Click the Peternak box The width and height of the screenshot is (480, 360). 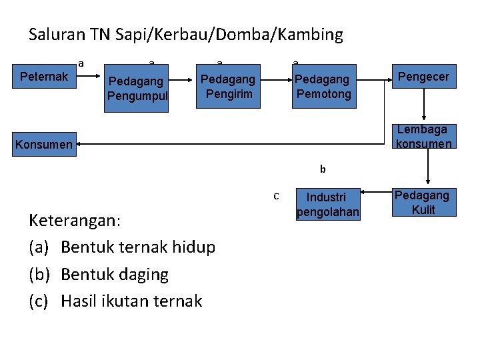pyautogui.click(x=44, y=77)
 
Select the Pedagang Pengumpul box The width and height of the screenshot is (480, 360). pyautogui.click(x=137, y=89)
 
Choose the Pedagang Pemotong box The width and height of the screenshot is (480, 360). pyautogui.click(x=323, y=87)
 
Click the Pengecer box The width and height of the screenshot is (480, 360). pyautogui.click(x=423, y=77)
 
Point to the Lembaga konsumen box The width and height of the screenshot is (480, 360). pyautogui.click(x=424, y=136)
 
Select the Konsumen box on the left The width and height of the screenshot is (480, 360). pyautogui.click(x=43, y=144)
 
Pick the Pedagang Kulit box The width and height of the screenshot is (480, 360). pyautogui.click(x=422, y=203)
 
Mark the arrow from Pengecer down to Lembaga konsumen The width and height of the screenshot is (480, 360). pyautogui.click(x=423, y=106)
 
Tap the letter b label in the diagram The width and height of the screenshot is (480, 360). pyautogui.click(x=323, y=169)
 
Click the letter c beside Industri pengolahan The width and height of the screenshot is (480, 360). pyautogui.click(x=276, y=196)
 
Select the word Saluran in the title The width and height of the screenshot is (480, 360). pyautogui.click(x=55, y=35)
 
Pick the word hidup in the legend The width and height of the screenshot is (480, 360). pyautogui.click(x=193, y=247)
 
